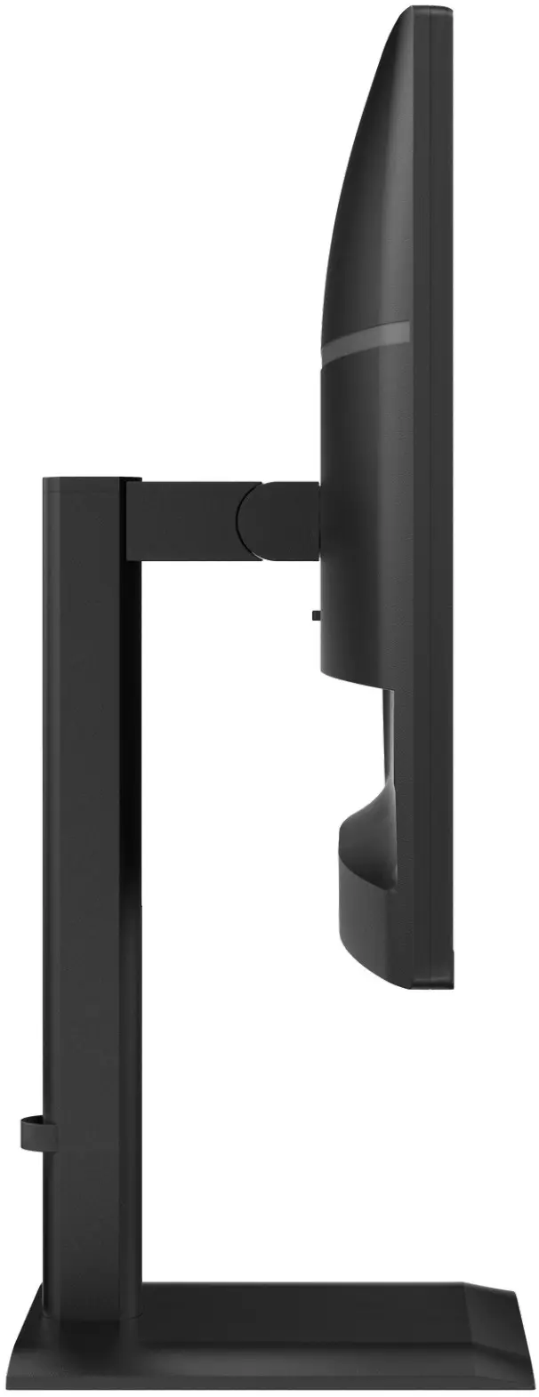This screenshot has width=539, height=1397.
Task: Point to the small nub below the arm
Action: (316, 614)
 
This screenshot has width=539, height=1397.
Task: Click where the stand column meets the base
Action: (89, 1281)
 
